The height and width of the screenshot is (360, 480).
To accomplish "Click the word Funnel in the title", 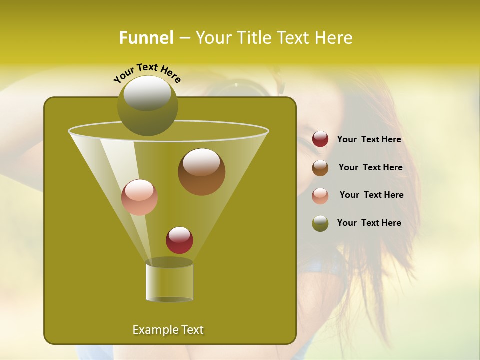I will click(146, 38).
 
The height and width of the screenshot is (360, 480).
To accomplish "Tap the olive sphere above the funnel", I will click(148, 105).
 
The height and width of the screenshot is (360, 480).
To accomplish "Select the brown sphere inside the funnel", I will click(201, 172).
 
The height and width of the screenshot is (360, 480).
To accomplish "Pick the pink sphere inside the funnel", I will click(139, 197).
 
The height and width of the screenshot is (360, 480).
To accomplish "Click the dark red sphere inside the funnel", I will click(179, 240).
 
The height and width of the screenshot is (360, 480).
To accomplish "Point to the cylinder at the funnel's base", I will click(169, 280).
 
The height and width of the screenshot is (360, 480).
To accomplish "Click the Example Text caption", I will click(168, 330).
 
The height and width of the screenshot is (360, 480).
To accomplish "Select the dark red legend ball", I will click(320, 139).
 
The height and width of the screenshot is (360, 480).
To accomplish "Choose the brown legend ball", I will click(320, 168).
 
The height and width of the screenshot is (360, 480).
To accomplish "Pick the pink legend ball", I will click(320, 196).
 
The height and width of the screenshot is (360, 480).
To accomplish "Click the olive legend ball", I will click(320, 223).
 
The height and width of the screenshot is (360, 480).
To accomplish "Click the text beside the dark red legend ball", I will click(369, 140).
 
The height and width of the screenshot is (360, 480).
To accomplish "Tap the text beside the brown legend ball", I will click(370, 167).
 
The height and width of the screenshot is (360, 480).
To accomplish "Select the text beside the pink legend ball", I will click(371, 195).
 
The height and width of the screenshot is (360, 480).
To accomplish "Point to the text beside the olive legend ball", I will click(369, 223).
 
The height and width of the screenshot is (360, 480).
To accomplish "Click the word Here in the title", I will click(334, 38).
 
